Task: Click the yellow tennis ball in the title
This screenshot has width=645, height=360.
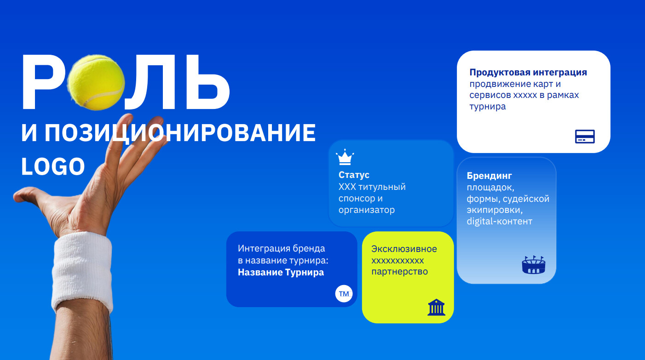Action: tap(96, 82)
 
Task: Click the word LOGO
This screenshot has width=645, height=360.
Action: tap(53, 166)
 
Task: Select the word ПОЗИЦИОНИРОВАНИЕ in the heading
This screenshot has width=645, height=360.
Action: tap(180, 133)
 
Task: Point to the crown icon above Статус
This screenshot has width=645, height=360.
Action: tap(345, 157)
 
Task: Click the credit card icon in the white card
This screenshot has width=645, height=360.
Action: tap(585, 137)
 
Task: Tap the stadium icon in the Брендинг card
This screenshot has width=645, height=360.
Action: tap(534, 265)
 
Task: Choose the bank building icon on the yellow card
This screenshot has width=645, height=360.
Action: tap(436, 307)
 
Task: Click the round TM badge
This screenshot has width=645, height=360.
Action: tap(344, 293)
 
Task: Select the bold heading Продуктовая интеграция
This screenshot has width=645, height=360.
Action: tap(528, 72)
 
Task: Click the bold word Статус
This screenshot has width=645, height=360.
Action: tap(354, 175)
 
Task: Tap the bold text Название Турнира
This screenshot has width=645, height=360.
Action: tap(281, 272)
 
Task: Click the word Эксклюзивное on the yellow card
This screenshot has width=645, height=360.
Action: tap(404, 249)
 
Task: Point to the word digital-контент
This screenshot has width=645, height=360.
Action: tap(499, 221)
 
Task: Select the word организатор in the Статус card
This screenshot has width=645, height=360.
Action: tap(367, 210)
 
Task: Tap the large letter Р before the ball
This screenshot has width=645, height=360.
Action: tap(43, 82)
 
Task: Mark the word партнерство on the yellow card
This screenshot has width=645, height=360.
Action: tap(399, 272)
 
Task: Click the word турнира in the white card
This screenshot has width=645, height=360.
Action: tap(488, 107)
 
